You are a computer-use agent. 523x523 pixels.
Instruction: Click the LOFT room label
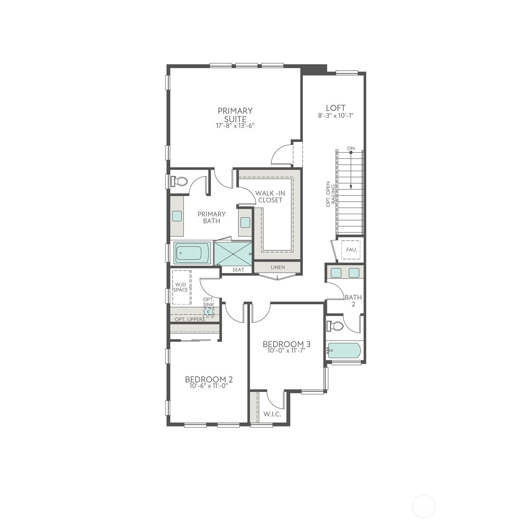point(336,108)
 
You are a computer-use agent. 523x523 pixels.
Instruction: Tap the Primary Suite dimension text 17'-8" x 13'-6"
point(235,126)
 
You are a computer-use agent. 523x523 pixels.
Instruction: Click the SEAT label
point(238,270)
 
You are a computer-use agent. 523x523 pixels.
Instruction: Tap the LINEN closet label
point(278,267)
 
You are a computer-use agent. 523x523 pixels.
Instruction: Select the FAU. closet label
point(351,250)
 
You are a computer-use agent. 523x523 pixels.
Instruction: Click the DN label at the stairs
point(351,148)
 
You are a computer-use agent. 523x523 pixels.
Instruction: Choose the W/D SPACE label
point(181,287)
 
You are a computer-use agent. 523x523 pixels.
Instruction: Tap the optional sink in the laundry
point(208,312)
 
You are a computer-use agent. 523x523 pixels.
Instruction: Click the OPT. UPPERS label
point(190,319)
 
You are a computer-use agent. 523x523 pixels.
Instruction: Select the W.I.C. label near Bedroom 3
point(272,414)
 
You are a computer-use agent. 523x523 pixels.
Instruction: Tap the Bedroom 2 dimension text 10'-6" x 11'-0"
point(209,386)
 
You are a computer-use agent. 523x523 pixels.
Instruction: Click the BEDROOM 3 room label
point(286,344)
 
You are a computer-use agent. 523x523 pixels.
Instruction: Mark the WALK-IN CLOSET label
point(270,196)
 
